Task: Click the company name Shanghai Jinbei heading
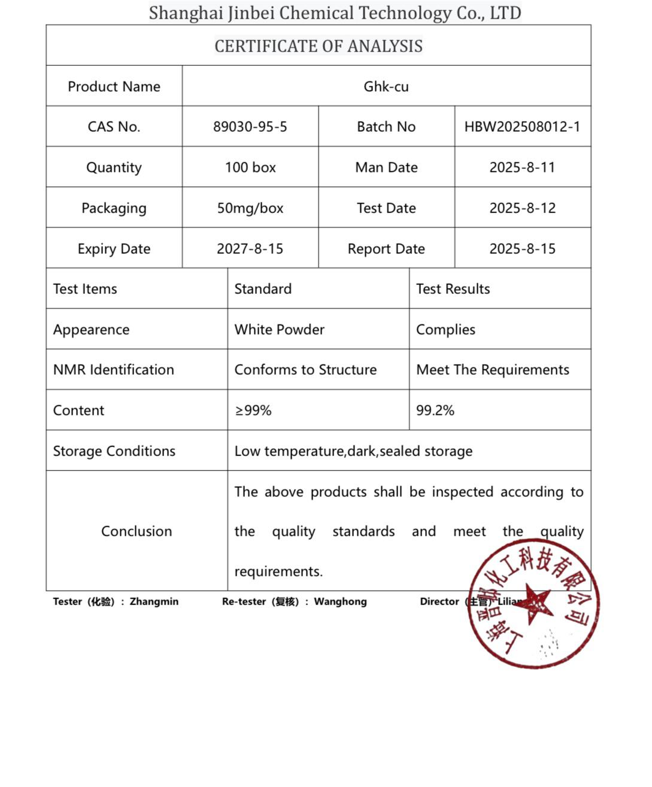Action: [x=335, y=13]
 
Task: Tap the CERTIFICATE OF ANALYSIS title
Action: [x=319, y=46]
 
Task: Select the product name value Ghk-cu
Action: [x=386, y=87]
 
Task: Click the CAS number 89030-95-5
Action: [x=250, y=127]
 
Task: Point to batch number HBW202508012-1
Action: [x=522, y=127]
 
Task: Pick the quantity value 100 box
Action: [x=250, y=168]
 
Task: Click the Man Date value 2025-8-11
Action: [x=522, y=168]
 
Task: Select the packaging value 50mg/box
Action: [x=250, y=208]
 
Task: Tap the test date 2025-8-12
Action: [x=522, y=208]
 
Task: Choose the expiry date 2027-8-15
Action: [x=250, y=249]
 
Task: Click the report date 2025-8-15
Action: [x=522, y=249]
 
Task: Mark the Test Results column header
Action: [x=453, y=289]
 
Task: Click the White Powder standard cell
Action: [x=279, y=330]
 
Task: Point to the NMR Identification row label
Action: [x=114, y=370]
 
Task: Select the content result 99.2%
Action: [x=435, y=411]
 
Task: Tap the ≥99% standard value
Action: [x=253, y=411]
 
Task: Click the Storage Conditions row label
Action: [x=114, y=451]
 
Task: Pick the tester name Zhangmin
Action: [x=154, y=601]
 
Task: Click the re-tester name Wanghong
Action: [x=340, y=601]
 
